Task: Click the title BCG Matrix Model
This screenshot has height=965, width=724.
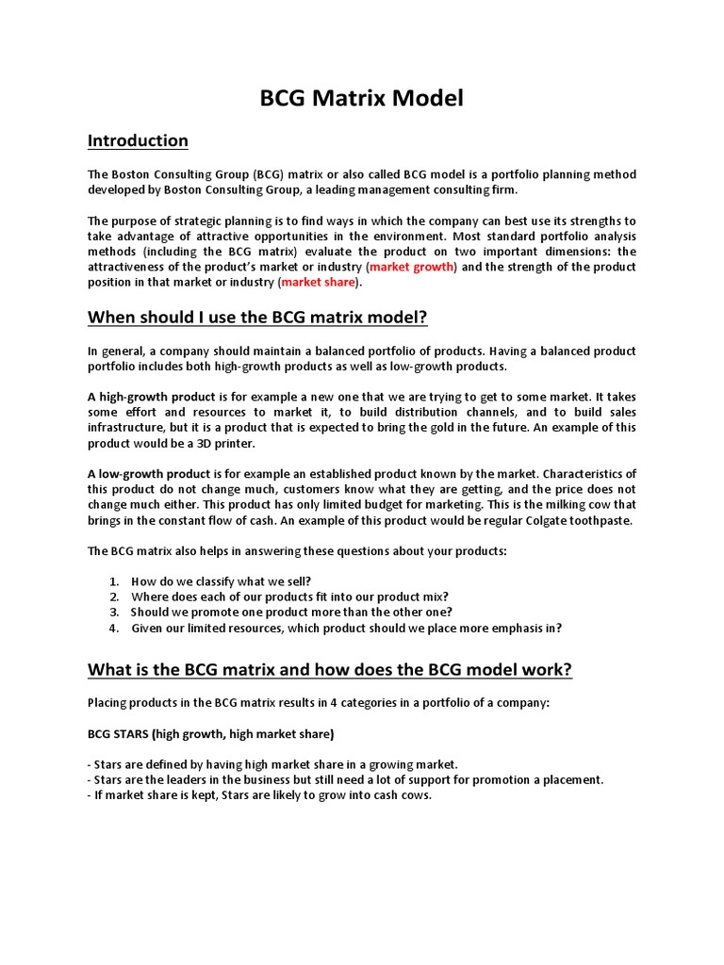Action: coord(362,97)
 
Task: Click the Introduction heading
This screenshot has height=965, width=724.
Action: coord(138,140)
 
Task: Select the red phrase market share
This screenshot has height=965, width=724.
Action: coord(319,282)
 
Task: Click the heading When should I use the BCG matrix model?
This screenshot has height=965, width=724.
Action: coord(257,318)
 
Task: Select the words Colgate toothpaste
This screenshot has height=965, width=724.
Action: coord(581,519)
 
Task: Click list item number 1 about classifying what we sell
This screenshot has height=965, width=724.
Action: coord(221,581)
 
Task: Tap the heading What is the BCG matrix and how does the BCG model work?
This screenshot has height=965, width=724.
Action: coord(329,670)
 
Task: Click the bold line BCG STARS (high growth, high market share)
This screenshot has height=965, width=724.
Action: coord(210,733)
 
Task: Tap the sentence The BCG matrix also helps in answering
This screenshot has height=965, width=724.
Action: coord(297,550)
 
